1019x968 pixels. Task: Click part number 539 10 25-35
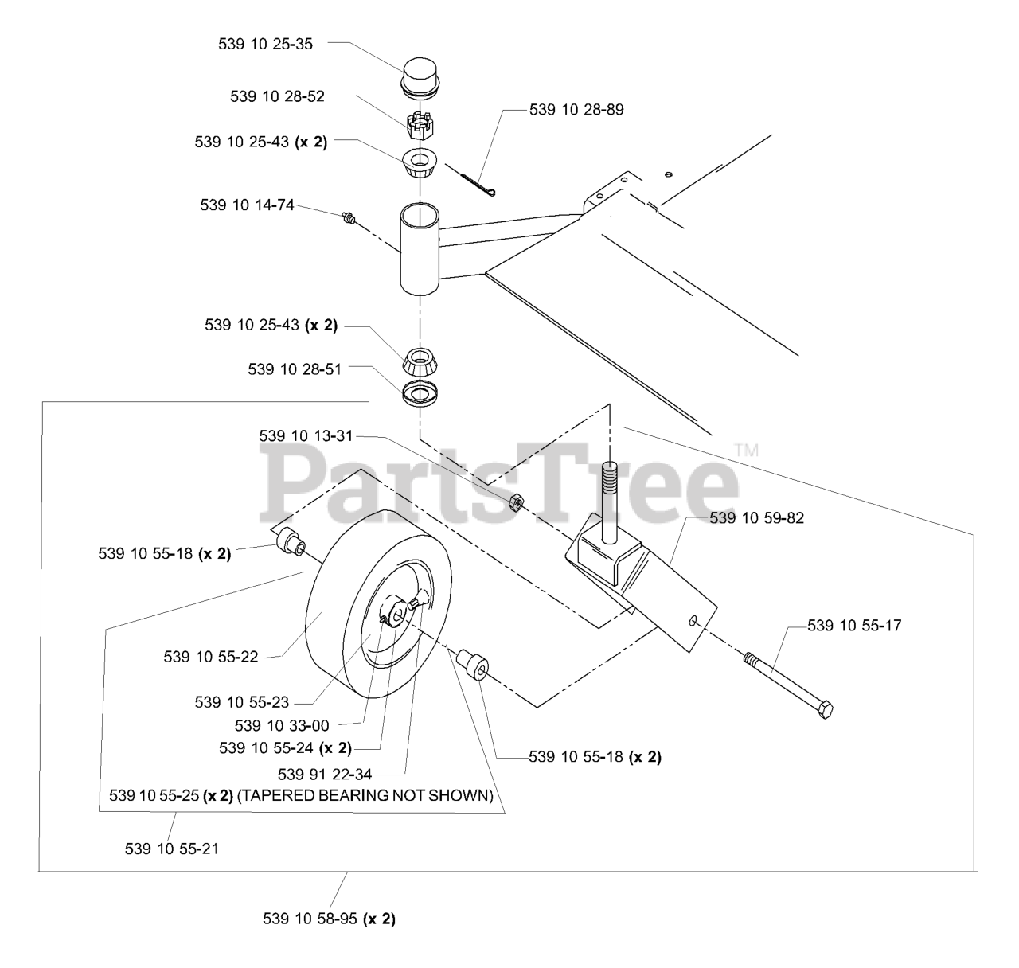point(265,45)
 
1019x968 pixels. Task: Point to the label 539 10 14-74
point(247,205)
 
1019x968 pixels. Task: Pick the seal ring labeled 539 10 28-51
point(420,393)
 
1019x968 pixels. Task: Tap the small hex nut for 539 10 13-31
point(515,502)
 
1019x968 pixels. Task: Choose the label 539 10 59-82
point(756,518)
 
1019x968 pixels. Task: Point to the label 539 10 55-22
point(211,657)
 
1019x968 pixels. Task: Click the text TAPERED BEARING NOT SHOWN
point(365,795)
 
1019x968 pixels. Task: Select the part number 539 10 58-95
point(310,919)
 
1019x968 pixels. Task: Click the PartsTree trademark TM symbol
point(746,451)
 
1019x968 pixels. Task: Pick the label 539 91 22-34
point(325,773)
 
